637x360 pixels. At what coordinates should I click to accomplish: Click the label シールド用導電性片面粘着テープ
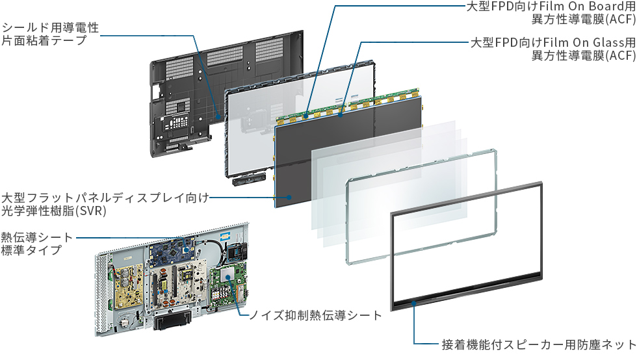pos(50,34)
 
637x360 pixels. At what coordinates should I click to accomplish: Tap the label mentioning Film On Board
pos(551,12)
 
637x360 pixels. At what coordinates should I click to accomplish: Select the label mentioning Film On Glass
pos(553,49)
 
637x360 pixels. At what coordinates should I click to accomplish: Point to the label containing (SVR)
pos(105,205)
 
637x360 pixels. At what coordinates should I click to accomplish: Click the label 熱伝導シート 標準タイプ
pos(36,244)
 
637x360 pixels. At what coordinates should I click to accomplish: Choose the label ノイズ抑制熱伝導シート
pos(315,315)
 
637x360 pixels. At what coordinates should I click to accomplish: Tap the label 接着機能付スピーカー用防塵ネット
pos(539,344)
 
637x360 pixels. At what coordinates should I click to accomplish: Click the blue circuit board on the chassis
pos(171,251)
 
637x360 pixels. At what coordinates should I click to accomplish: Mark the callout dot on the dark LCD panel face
pos(289,198)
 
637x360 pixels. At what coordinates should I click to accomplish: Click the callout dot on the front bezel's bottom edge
pos(414,303)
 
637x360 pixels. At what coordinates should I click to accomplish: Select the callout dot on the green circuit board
pos(228,277)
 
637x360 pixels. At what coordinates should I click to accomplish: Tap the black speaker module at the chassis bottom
pos(172,318)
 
